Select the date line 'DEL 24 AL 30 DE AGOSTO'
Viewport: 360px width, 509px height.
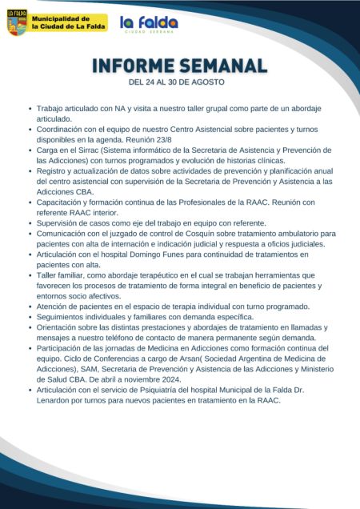click(x=176, y=82)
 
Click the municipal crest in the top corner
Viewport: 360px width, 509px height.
click(x=17, y=22)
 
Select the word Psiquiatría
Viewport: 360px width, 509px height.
click(x=154, y=389)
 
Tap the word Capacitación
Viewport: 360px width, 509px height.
click(x=61, y=202)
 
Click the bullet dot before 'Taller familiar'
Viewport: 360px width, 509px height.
click(x=30, y=275)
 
